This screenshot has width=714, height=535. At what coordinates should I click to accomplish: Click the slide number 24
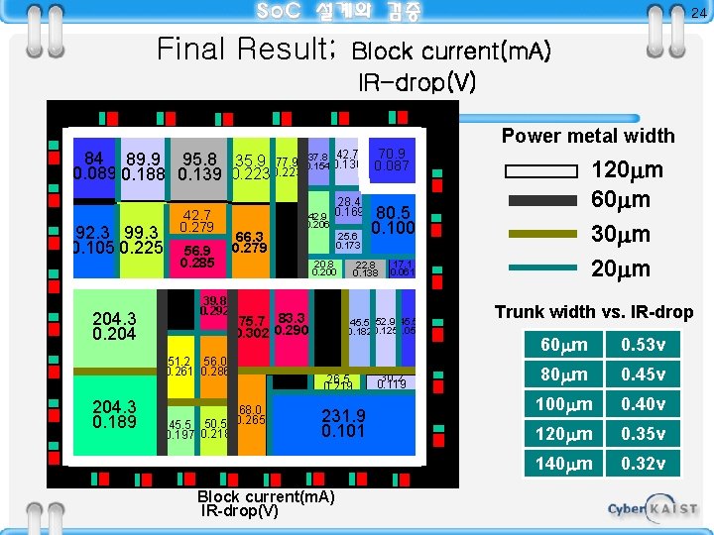697,12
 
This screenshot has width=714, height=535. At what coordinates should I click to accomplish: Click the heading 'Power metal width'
587,136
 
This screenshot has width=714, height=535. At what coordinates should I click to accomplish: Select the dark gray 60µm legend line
541,201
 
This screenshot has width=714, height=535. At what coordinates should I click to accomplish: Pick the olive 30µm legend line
541,235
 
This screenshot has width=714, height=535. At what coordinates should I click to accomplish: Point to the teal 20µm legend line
541,267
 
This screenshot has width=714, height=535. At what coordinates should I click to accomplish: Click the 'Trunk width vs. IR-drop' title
594,312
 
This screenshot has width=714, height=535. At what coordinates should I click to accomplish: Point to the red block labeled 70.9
393,160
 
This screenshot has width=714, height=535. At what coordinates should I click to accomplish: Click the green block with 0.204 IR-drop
114,326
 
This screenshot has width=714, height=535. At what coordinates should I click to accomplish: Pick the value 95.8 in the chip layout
199,160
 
